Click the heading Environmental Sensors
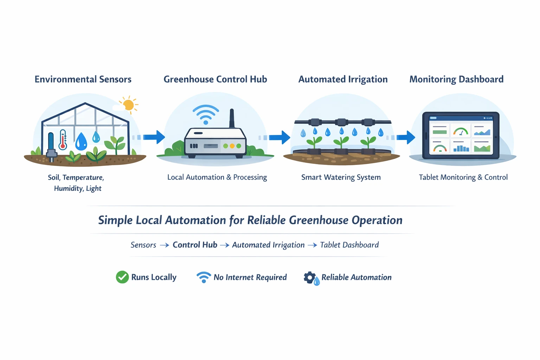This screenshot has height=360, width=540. [x=83, y=79]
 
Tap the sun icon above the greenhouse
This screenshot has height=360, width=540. [x=128, y=105]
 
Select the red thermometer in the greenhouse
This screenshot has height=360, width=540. [x=63, y=140]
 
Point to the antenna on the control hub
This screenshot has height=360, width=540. [x=232, y=118]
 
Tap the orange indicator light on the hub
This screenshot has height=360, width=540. [x=232, y=146]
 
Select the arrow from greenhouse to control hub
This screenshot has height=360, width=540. [x=153, y=137]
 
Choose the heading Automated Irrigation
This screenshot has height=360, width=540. [x=343, y=79]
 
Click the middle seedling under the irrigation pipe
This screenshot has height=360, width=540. [x=341, y=142]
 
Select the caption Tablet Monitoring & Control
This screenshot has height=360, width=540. [x=463, y=177]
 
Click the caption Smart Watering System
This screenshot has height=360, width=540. [x=341, y=177]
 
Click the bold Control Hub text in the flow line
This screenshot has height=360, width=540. [x=195, y=245]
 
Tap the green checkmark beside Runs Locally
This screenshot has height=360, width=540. [x=122, y=277]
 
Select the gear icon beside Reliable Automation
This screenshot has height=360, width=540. [x=310, y=277]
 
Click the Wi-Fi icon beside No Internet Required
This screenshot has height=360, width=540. [x=204, y=277]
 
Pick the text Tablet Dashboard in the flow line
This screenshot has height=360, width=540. [x=349, y=245]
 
